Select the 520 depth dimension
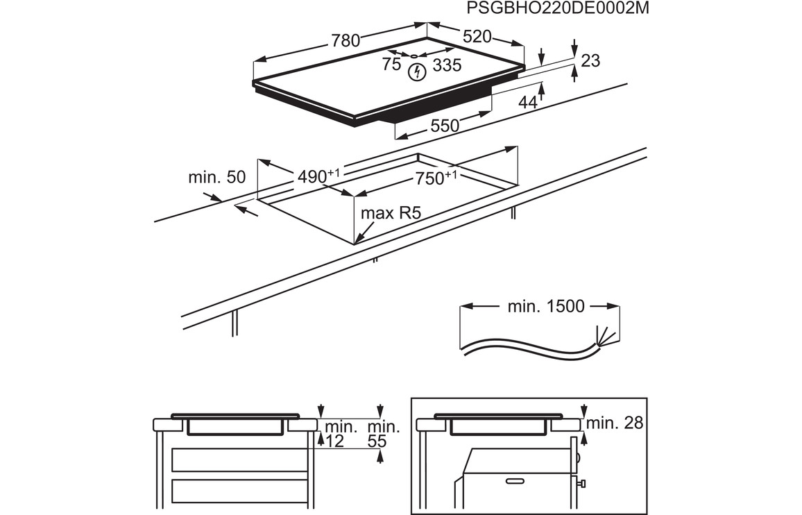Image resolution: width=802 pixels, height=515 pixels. [x=477, y=37]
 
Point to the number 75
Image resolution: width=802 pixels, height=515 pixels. [x=391, y=65]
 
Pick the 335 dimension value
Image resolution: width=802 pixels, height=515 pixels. [x=447, y=65]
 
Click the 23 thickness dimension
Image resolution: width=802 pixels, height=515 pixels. [x=590, y=61]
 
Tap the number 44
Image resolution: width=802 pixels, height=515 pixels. [x=528, y=102]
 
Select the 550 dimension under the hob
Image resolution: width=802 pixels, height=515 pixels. [x=445, y=126]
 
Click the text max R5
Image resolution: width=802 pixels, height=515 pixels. [x=391, y=213]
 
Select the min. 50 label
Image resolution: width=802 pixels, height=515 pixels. [x=216, y=177]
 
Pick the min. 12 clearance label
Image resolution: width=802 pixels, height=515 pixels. [x=339, y=433]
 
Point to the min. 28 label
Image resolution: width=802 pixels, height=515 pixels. [x=615, y=423]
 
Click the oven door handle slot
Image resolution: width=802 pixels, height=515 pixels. [x=516, y=480]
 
